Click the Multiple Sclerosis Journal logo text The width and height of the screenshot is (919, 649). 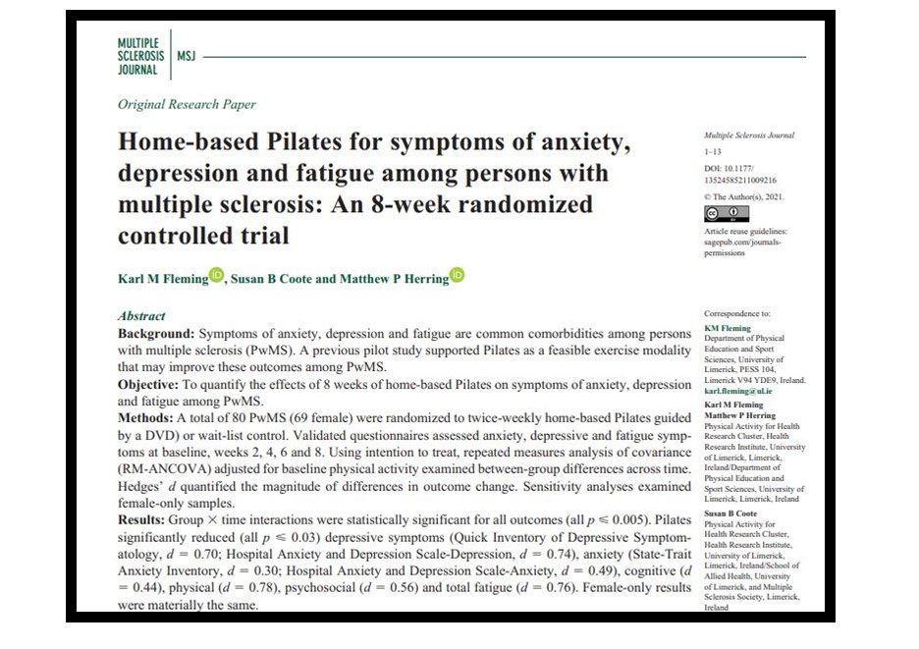(140, 57)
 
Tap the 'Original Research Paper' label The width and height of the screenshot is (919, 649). (187, 105)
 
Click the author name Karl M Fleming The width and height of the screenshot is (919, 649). (162, 279)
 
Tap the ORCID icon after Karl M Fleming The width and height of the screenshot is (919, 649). (216, 276)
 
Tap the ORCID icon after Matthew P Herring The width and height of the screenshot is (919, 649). (458, 276)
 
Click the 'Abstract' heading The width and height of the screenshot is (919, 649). (141, 316)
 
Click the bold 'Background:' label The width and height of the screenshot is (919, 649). (156, 333)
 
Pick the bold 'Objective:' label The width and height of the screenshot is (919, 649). (151, 383)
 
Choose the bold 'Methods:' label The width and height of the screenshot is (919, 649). (147, 416)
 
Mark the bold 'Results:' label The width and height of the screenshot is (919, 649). (145, 515)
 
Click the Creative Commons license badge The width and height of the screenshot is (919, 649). (727, 213)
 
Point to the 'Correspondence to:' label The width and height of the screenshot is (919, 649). (737, 314)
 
